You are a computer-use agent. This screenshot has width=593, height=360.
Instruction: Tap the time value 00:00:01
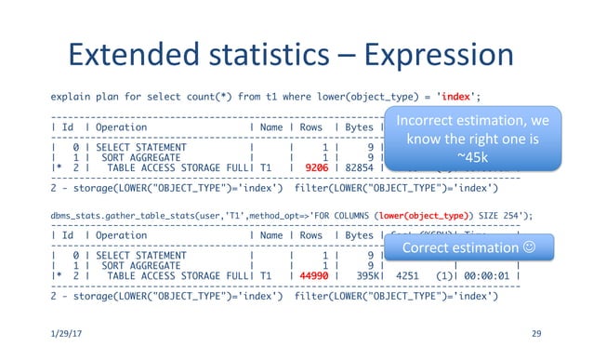point(485,275)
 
